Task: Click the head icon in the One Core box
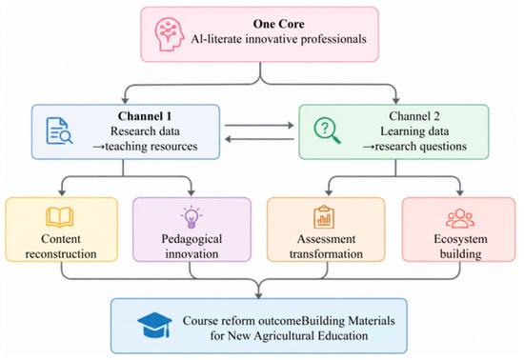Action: [x=169, y=34]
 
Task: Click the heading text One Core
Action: [x=279, y=24]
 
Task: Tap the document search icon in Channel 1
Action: [x=59, y=130]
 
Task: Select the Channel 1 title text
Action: [x=145, y=116]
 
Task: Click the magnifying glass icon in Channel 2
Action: [x=327, y=130]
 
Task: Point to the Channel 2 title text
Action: [x=414, y=116]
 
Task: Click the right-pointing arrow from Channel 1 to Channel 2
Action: [x=259, y=125]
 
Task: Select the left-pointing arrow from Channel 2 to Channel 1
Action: [x=259, y=139]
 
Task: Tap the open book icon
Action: [x=60, y=217]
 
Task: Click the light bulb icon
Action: [x=191, y=217]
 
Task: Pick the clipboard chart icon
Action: [x=324, y=217]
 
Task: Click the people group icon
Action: [x=460, y=218]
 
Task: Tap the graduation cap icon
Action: [x=154, y=325]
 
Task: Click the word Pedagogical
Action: [x=191, y=239]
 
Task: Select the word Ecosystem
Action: [x=460, y=239]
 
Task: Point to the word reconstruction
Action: [x=61, y=254]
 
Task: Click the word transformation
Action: [x=326, y=254]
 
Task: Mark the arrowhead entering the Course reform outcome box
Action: [x=258, y=295]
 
